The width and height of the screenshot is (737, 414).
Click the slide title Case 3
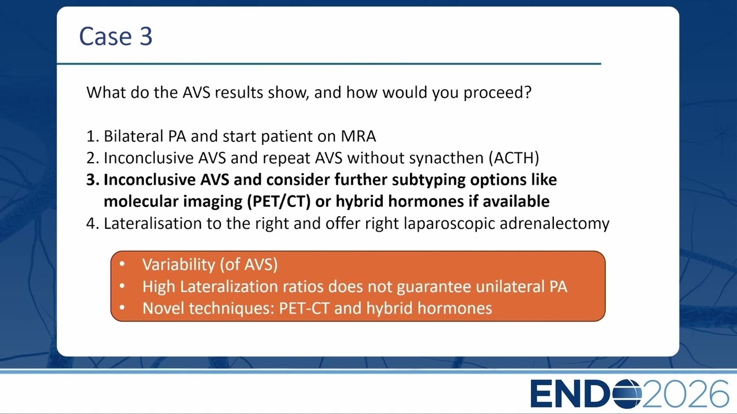(x=116, y=36)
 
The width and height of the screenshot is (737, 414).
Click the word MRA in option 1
(x=358, y=136)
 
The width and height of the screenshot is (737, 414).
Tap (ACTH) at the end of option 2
(x=514, y=158)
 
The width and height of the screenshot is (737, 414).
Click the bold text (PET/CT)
(x=279, y=201)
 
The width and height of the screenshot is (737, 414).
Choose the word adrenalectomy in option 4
(x=554, y=224)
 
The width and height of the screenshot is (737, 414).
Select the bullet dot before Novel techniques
(x=122, y=308)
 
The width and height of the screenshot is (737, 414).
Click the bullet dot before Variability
(x=122, y=264)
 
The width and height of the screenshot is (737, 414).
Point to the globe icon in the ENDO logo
(x=627, y=394)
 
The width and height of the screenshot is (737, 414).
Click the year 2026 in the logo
(x=686, y=394)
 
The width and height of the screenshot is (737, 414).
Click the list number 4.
(x=92, y=224)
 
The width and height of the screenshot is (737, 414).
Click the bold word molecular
(x=141, y=201)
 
